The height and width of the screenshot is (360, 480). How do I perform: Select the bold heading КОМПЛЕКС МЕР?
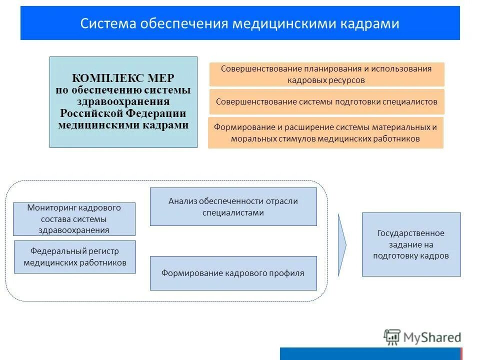(123, 78)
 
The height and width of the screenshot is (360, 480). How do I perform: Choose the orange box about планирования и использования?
(326, 74)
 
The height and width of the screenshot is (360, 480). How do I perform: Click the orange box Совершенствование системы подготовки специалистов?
(326, 101)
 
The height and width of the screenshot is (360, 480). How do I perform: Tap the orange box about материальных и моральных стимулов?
(325, 132)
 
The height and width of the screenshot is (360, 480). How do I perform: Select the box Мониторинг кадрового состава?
(74, 218)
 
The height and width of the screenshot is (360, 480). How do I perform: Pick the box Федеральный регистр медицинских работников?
(74, 256)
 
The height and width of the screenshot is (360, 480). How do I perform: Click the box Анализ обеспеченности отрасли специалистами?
(233, 206)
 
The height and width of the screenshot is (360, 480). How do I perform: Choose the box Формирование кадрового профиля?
(233, 273)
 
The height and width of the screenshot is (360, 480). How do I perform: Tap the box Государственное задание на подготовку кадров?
(411, 244)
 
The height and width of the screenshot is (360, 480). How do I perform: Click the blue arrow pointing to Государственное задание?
(342, 244)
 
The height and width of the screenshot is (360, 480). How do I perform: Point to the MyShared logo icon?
(392, 337)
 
